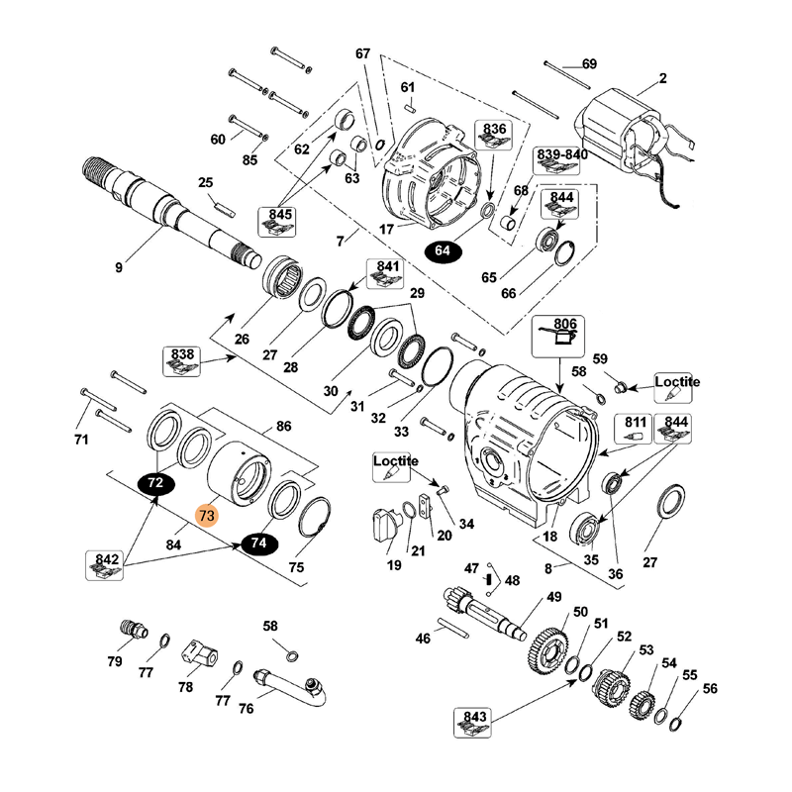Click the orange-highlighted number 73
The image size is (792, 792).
point(206,515)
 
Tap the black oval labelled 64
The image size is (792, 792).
point(443,251)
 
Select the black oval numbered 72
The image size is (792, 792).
point(155,483)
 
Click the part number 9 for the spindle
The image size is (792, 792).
point(119,266)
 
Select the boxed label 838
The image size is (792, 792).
point(185,358)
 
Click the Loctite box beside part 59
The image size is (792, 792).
point(677,387)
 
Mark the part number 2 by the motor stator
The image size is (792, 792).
point(662,78)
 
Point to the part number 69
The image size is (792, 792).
point(589,64)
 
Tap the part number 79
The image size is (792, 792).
point(116,661)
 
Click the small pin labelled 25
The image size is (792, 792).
point(226,207)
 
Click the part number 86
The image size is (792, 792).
point(283,427)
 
